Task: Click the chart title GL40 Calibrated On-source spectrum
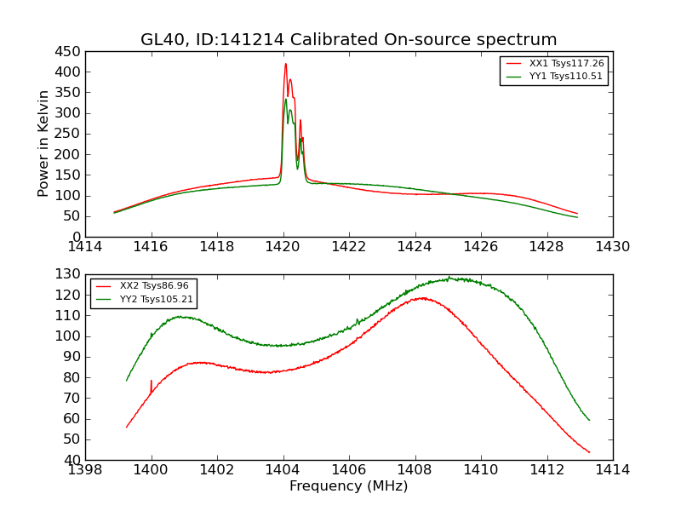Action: pos(348,39)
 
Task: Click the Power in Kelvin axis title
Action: pos(44,144)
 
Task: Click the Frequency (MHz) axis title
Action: pos(348,486)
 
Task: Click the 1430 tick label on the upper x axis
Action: pos(613,247)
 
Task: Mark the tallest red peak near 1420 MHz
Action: pos(286,64)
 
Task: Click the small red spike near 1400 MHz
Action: pos(152,381)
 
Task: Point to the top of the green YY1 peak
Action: pos(286,100)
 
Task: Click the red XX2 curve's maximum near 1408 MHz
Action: pos(421,298)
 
